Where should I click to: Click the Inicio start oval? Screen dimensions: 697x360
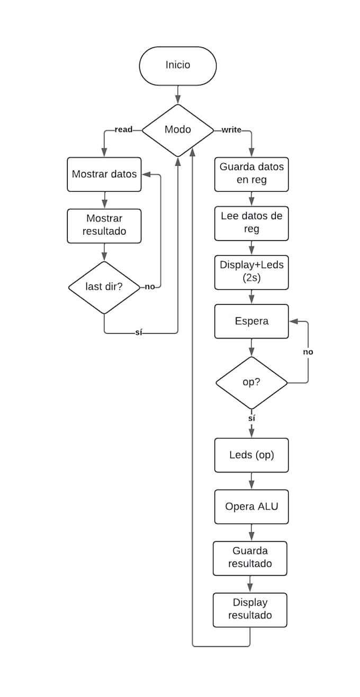click(177, 66)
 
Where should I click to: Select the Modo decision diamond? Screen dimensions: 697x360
click(177, 130)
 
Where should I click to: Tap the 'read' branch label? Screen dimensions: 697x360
click(123, 129)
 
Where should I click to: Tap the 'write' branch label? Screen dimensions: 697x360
click(232, 129)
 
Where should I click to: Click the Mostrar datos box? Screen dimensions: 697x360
click(104, 174)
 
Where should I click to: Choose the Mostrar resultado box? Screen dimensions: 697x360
click(104, 225)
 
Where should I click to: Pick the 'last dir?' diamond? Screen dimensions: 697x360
click(104, 287)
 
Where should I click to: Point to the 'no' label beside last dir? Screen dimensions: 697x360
click(150, 287)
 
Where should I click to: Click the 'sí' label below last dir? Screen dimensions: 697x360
click(139, 333)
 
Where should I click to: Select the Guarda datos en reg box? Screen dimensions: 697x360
click(251, 174)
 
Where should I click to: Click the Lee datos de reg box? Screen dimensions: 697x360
click(251, 222)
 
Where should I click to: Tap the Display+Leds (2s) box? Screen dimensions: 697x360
click(251, 272)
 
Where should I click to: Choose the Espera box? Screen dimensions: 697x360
click(251, 321)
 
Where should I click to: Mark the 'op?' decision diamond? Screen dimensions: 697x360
click(251, 382)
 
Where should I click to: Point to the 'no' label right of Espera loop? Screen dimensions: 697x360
click(308, 352)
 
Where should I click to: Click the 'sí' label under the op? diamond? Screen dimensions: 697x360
click(251, 418)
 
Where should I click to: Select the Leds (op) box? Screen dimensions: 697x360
click(251, 455)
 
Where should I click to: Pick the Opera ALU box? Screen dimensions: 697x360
click(251, 506)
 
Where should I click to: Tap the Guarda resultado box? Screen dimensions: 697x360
click(250, 558)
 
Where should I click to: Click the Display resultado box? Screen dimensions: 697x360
click(250, 610)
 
